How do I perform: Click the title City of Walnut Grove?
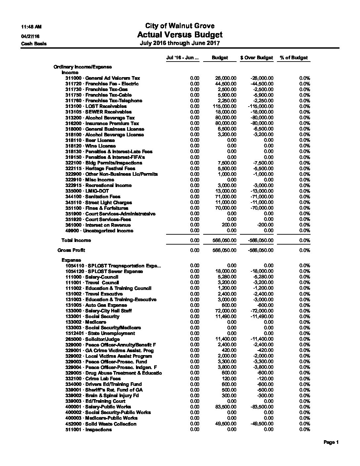(180, 26)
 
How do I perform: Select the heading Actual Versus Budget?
(180, 35)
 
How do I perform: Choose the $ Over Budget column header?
(257, 58)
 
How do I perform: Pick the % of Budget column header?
(293, 58)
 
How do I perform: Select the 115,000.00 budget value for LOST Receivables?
(224, 106)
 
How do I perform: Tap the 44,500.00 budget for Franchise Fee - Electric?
(226, 84)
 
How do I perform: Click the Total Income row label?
(76, 240)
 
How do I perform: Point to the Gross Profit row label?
(71, 250)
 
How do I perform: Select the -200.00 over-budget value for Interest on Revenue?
(265, 225)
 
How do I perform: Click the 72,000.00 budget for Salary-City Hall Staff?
(226, 311)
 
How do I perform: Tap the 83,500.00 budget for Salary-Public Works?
(226, 407)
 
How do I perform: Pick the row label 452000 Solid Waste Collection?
(101, 424)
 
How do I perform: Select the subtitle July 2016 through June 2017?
(180, 43)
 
